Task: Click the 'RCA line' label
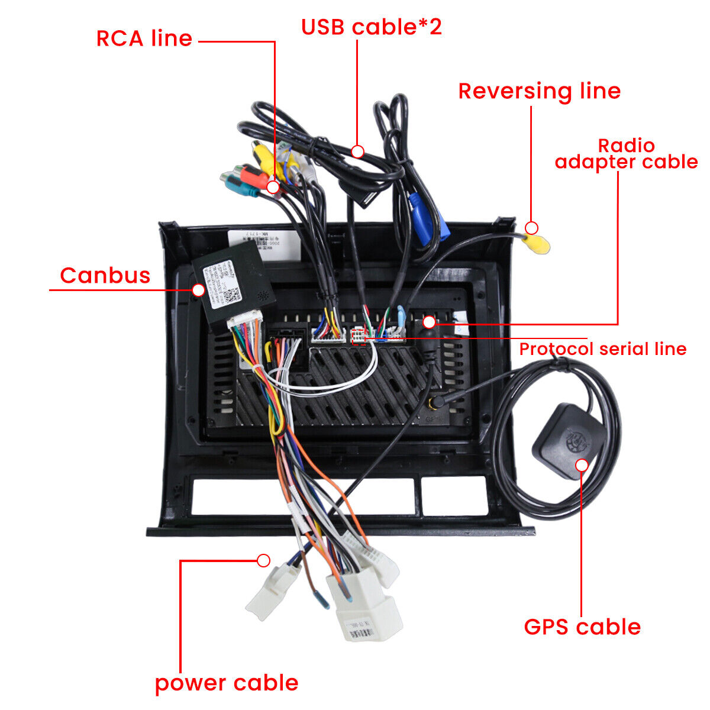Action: pos(144,38)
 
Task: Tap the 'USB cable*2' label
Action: pos(371,27)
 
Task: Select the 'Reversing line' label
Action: pos(539,91)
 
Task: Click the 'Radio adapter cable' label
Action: pos(626,154)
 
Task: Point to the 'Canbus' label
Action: pos(105,276)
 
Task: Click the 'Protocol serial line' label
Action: pos(602,349)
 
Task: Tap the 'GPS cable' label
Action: pos(582,627)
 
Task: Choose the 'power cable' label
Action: pos(227,683)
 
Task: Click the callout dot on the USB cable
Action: pos(357,151)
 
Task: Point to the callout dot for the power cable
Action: pos(264,560)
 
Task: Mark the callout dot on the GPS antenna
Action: pos(582,465)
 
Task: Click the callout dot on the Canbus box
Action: pos(198,290)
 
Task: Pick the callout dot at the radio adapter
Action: pos(429,322)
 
